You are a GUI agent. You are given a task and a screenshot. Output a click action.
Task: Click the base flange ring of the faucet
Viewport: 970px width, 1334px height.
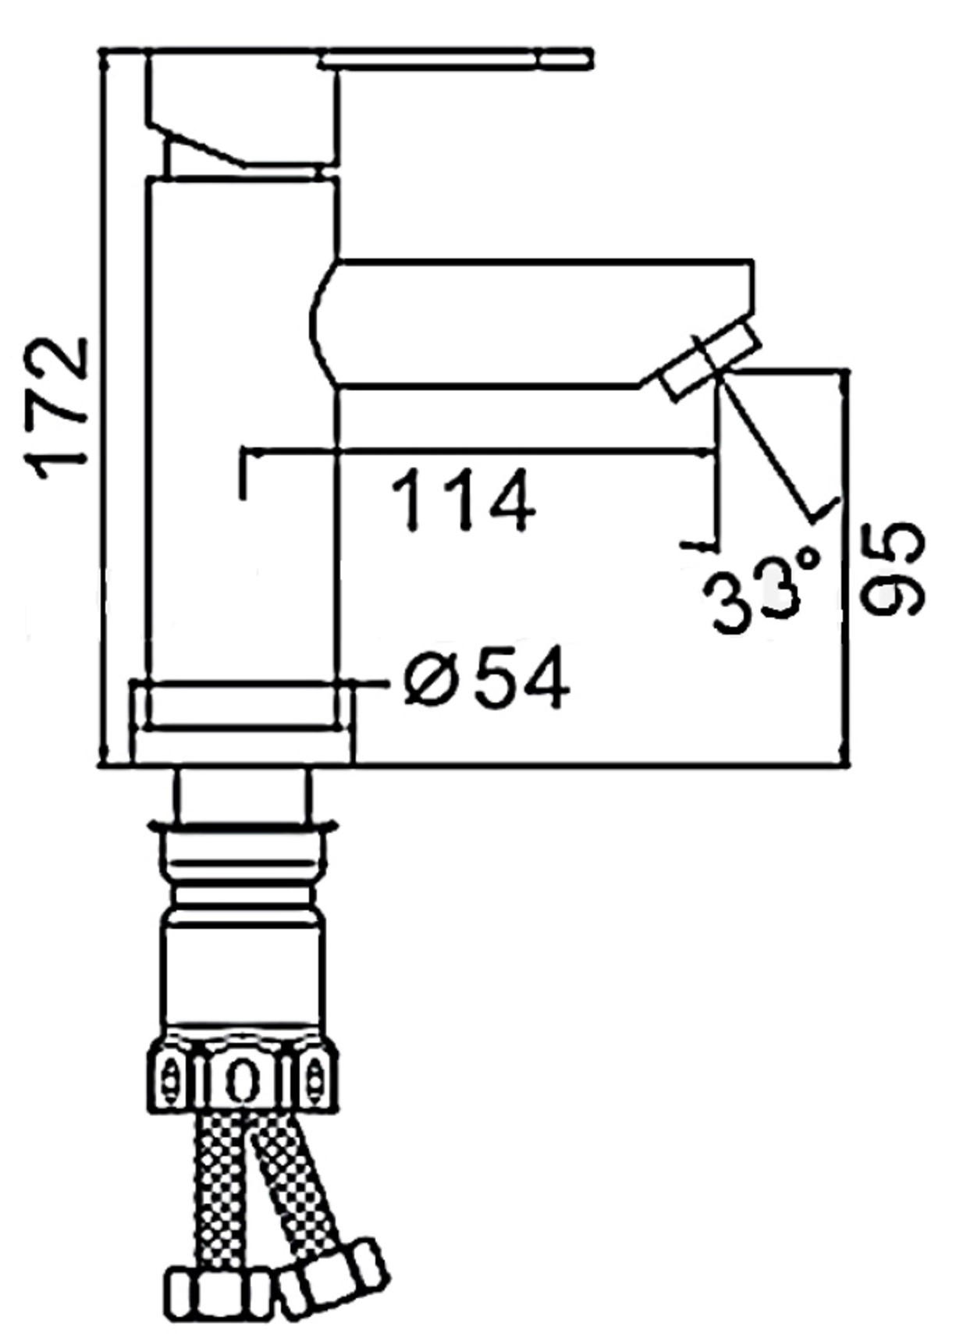point(242,722)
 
